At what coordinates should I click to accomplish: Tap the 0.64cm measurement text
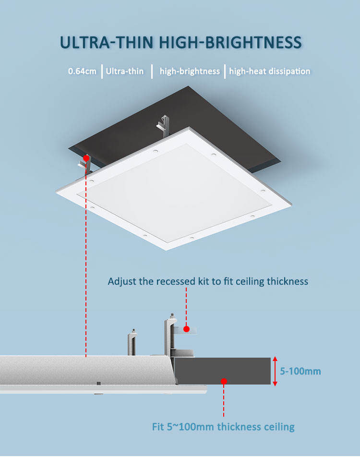tap(82, 72)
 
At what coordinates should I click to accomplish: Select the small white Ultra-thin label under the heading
tap(125, 72)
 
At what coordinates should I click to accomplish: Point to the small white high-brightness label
tap(190, 72)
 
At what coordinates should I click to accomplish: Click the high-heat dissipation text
tap(269, 72)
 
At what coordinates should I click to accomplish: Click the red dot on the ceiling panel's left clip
tap(86, 157)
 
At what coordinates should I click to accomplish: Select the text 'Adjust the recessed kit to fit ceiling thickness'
tap(208, 281)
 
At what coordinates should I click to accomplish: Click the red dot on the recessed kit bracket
tap(186, 329)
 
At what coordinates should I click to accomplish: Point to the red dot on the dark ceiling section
tap(224, 381)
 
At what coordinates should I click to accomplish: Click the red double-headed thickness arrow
tap(275, 371)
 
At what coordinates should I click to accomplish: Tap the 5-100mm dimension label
tap(300, 371)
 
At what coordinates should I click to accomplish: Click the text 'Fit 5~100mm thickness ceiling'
tap(223, 426)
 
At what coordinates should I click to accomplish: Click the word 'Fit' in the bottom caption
tap(159, 426)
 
